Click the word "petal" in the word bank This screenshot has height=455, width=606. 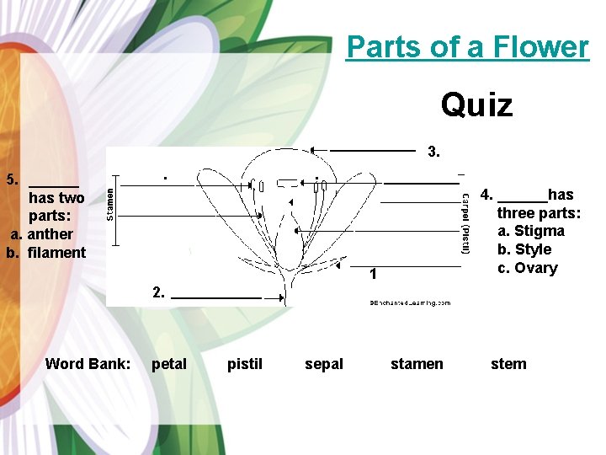click(x=169, y=364)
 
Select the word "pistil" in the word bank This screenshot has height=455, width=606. click(x=245, y=364)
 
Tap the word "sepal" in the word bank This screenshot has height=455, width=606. click(x=324, y=364)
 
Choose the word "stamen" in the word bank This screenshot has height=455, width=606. click(x=417, y=364)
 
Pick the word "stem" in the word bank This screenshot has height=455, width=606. click(x=508, y=364)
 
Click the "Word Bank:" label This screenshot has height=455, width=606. click(x=88, y=364)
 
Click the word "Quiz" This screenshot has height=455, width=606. click(x=476, y=105)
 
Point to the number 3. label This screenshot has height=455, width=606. click(x=433, y=153)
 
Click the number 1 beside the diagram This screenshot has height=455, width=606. click(x=373, y=274)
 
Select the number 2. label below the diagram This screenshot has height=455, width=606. click(x=159, y=292)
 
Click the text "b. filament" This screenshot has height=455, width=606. click(x=46, y=253)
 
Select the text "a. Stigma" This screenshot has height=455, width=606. click(x=530, y=231)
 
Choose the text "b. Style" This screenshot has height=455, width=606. click(x=524, y=249)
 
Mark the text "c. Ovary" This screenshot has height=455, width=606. click(x=527, y=268)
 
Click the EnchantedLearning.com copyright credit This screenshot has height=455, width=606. click(x=410, y=302)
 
